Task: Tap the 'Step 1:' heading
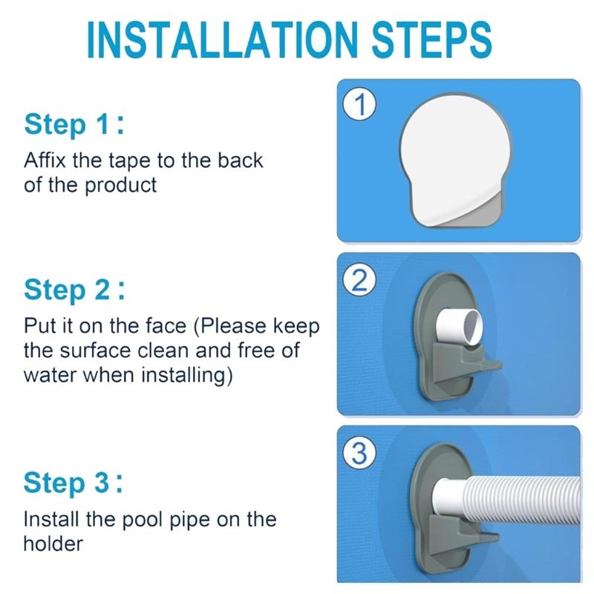pos(74,124)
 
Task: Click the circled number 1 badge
pos(359,105)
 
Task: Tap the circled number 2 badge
pos(359,281)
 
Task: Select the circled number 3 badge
pos(359,454)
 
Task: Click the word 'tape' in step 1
pos(151,160)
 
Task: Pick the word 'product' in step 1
pos(121,184)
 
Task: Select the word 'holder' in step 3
pos(53,543)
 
